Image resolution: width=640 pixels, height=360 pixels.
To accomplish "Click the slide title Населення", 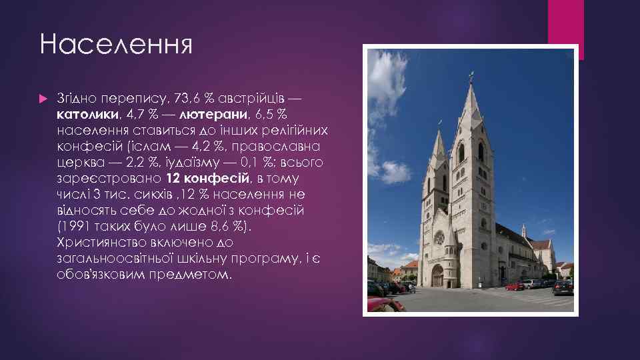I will click(115, 45).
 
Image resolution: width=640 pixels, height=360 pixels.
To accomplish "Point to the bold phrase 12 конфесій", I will click(207, 178).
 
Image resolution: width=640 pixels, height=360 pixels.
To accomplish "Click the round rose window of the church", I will click(439, 237).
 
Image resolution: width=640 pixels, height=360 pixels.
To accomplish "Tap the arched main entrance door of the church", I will click(437, 275).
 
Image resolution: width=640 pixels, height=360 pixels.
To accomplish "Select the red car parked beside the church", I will click(514, 286).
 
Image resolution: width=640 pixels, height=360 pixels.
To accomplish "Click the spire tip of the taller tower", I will click(470, 77).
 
